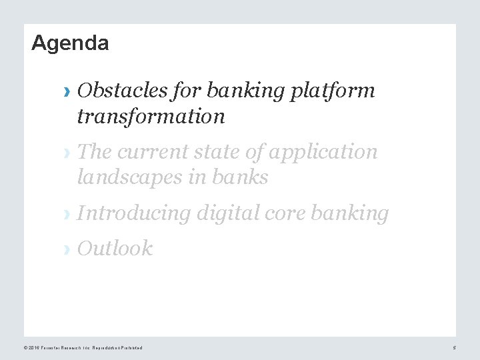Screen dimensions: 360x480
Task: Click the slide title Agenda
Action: [70, 43]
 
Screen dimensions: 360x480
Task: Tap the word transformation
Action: [151, 117]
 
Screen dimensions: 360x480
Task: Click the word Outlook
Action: [115, 249]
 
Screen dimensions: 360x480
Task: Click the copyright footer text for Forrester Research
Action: [83, 348]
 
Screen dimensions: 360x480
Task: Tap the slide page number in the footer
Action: [454, 348]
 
